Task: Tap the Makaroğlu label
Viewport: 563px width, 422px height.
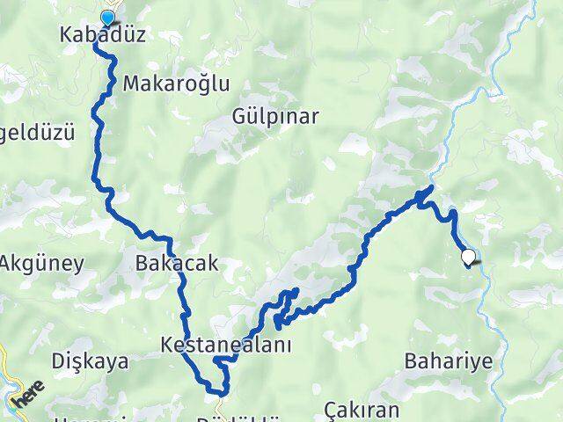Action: point(176,84)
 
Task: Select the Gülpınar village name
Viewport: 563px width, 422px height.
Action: point(274,116)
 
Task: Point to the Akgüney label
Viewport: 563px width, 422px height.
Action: point(41,262)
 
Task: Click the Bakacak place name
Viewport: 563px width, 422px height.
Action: point(177,263)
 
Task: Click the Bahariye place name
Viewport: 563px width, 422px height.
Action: point(449,360)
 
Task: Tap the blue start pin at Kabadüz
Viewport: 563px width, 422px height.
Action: point(108,18)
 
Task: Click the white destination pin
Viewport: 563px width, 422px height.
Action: point(471,258)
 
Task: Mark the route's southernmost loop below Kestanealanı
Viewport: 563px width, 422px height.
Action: point(217,387)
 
